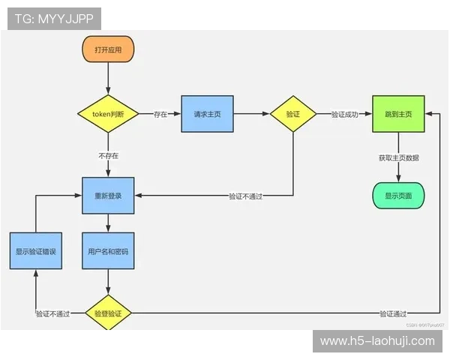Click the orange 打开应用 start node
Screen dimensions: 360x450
tap(108, 49)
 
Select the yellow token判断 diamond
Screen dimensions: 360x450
tap(108, 115)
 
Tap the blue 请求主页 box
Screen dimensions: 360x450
tap(206, 114)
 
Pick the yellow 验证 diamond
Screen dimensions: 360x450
tap(292, 114)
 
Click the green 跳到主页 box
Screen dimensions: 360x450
tap(398, 114)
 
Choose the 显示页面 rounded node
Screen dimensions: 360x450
tap(398, 195)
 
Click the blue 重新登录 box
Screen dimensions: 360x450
tap(108, 195)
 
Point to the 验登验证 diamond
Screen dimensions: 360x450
tap(108, 313)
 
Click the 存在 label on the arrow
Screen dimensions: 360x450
tap(160, 115)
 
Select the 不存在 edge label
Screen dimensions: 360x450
tap(108, 156)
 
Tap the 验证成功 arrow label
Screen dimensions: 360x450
tap(344, 115)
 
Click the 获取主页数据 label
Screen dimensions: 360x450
tap(398, 157)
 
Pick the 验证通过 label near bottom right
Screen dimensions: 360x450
tap(393, 313)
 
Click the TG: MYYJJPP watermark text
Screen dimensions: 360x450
tap(54, 19)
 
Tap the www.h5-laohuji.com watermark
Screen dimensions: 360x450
tap(377, 341)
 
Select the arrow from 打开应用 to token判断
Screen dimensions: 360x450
tap(108, 78)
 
